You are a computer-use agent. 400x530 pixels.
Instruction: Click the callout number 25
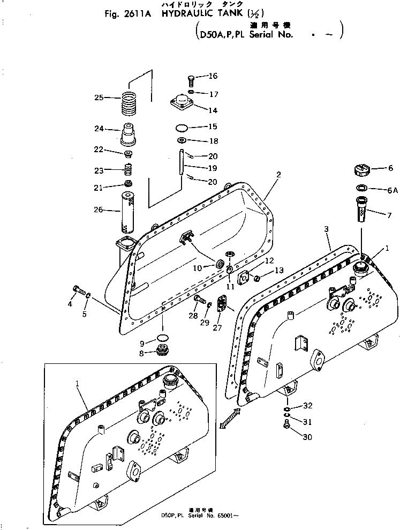pyautogui.click(x=99, y=98)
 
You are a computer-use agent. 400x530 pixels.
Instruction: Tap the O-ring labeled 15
pyautogui.click(x=182, y=128)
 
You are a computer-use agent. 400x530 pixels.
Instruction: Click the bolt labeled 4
pyautogui.click(x=76, y=292)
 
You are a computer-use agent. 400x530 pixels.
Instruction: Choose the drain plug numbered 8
pyautogui.click(x=161, y=352)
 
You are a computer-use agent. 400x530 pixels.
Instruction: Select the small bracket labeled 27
pyautogui.click(x=223, y=303)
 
